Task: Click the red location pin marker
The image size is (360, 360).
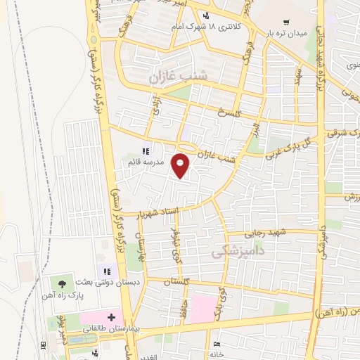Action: tap(181, 165)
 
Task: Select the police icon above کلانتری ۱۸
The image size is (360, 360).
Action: tap(205, 15)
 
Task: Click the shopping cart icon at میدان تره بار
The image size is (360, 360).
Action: tap(286, 22)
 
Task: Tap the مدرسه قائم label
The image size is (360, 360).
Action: tap(145, 162)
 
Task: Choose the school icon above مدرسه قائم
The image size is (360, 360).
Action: tap(146, 151)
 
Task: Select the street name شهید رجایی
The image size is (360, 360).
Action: tap(263, 233)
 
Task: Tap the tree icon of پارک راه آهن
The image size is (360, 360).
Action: tap(63, 284)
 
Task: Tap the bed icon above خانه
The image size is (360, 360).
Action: tap(216, 345)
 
